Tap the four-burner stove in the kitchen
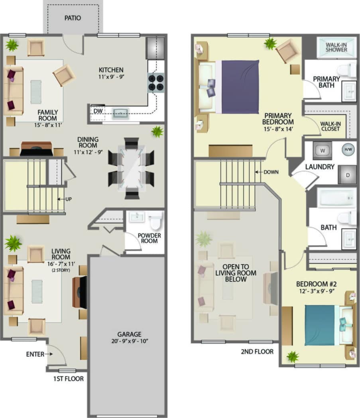[156, 82]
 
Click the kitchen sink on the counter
[121, 114]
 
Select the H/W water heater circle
[347, 150]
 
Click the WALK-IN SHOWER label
[336, 47]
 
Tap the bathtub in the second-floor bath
[336, 197]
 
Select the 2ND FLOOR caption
[257, 351]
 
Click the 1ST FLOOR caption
[68, 379]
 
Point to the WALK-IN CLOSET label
[330, 126]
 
